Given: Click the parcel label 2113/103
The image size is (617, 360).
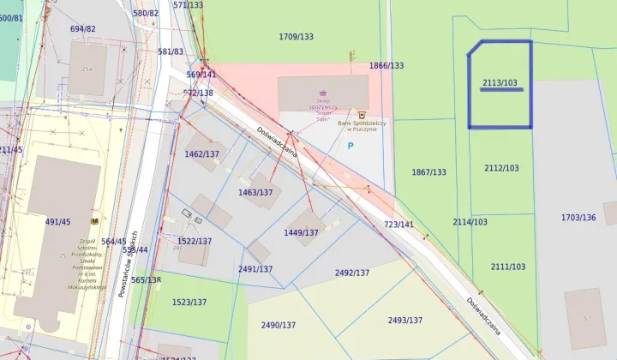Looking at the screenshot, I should [x=500, y=83].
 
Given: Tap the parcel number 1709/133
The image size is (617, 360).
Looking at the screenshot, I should [x=297, y=37].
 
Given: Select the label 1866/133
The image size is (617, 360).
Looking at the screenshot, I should [x=386, y=66].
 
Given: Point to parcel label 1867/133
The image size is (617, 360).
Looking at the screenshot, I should [x=428, y=172].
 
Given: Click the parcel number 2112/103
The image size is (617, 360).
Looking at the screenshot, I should [x=501, y=168].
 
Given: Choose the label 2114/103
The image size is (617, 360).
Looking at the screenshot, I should [x=470, y=222].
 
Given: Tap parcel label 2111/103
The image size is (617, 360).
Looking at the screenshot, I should [x=508, y=267].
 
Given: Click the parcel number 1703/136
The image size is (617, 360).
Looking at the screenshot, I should [x=578, y=218].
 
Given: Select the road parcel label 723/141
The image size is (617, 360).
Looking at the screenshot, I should [x=398, y=225].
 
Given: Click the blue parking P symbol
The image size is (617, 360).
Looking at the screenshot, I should [x=350, y=147].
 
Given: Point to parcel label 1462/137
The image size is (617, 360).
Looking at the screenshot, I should [x=202, y=154].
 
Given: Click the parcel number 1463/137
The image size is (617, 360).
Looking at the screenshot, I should [x=255, y=193].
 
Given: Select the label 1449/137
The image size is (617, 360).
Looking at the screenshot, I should [x=301, y=232].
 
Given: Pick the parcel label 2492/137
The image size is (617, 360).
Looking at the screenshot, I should [x=352, y=273].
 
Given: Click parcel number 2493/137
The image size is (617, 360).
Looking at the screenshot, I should [x=404, y=320].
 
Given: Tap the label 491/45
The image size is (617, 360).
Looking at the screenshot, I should [x=57, y=222].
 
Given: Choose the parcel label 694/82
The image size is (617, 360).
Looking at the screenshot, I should [x=83, y=29].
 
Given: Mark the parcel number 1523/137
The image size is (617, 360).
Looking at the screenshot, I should [x=189, y=302].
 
